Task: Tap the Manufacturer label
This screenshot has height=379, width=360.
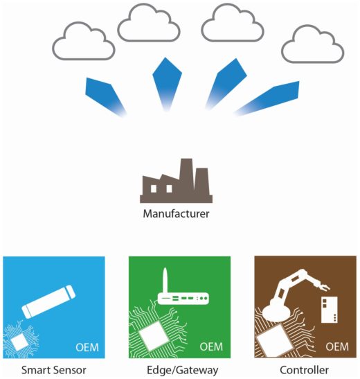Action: click(x=176, y=213)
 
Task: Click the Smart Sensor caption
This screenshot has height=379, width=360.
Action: click(x=53, y=370)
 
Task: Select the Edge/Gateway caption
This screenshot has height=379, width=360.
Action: click(x=182, y=370)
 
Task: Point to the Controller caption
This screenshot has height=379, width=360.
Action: click(x=304, y=370)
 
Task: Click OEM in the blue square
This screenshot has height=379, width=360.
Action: click(x=87, y=347)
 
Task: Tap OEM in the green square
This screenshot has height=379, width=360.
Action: click(x=211, y=347)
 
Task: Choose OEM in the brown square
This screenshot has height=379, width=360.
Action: click(x=337, y=347)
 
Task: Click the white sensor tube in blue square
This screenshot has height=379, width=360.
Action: click(x=48, y=301)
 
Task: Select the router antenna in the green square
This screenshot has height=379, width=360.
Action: click(x=165, y=280)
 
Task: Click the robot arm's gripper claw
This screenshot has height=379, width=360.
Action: click(x=323, y=287)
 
